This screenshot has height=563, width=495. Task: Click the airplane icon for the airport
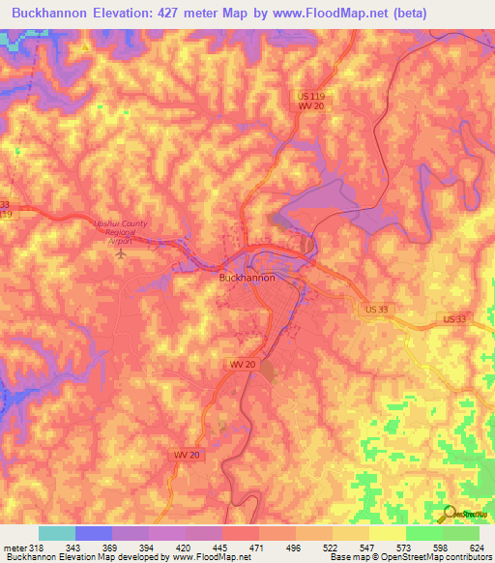coord(121,253)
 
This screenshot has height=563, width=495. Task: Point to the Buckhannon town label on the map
coord(247,278)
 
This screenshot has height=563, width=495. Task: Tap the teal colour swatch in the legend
coord(57,533)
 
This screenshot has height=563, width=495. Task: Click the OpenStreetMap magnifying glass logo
coord(448,513)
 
